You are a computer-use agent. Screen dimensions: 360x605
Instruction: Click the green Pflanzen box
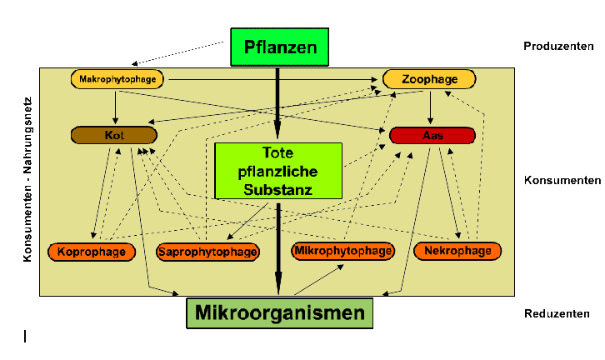[280, 47]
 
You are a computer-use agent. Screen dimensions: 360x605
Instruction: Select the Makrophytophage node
[117, 79]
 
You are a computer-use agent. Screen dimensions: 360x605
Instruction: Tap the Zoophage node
[429, 79]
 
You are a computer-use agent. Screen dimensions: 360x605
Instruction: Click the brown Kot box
[114, 135]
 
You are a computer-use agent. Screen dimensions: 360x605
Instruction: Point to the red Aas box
[432, 135]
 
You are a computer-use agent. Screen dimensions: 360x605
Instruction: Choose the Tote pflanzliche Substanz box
[278, 171]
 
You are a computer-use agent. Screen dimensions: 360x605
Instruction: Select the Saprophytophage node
[207, 252]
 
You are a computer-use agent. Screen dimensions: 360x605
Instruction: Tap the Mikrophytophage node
[342, 250]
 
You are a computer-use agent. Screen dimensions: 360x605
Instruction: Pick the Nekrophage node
[457, 250]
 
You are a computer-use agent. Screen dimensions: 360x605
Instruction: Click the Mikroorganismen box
[279, 313]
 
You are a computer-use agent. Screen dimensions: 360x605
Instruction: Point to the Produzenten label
[557, 45]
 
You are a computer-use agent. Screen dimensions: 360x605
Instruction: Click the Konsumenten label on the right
[562, 180]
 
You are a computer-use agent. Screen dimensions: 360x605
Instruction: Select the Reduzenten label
[557, 314]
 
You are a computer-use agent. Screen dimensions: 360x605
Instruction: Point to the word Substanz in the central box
[278, 191]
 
